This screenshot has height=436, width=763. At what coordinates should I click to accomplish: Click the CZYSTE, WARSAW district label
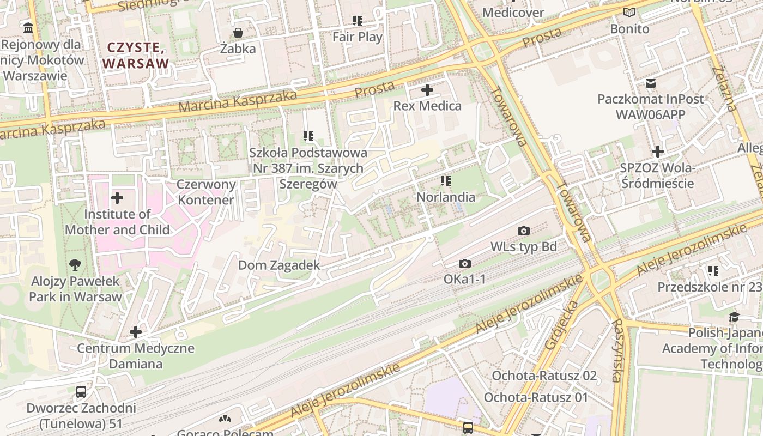[136, 55]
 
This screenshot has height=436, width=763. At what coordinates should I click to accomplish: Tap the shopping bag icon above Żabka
[238, 33]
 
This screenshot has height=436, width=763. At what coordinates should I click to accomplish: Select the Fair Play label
[358, 37]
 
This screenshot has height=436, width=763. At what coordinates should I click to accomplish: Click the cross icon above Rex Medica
[427, 90]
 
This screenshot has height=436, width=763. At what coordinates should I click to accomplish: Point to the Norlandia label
[446, 197]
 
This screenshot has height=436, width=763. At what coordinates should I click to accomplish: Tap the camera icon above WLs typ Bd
[524, 231]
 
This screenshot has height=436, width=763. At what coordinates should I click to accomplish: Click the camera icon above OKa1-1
[464, 264]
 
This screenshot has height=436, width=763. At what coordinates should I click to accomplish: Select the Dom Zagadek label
[279, 265]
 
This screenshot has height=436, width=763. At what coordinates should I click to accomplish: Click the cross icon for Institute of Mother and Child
[117, 198]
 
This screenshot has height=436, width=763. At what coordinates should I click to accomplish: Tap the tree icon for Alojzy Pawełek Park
[75, 265]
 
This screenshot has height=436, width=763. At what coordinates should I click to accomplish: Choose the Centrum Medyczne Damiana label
[136, 356]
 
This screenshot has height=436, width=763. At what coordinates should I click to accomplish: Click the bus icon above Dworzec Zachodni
[81, 391]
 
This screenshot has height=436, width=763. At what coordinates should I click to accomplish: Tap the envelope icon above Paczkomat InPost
[650, 83]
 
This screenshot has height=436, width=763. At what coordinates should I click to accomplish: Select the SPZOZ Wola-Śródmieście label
[657, 175]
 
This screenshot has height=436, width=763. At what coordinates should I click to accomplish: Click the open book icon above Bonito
[629, 13]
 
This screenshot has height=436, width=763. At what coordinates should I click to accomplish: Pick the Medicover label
[513, 12]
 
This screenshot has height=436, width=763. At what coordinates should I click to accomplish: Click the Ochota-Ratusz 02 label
[544, 376]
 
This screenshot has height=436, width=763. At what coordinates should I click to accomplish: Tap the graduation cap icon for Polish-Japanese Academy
[734, 317]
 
